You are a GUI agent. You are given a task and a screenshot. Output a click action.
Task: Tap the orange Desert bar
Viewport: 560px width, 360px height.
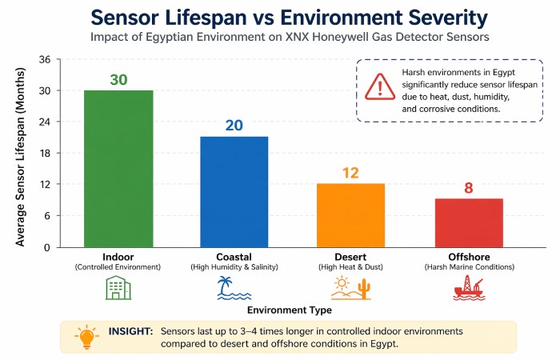pos(350,215)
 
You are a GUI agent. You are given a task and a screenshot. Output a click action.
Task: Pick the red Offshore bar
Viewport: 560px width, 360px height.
pos(468,222)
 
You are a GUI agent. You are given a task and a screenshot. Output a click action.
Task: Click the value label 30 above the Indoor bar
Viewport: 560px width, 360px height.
pos(118,78)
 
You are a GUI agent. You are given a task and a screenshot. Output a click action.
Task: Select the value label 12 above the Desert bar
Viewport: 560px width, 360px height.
pos(350,172)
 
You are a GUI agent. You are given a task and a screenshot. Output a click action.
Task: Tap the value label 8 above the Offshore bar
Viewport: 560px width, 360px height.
pos(468,188)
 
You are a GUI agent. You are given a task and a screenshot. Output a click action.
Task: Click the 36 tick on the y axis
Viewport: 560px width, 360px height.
pos(45,60)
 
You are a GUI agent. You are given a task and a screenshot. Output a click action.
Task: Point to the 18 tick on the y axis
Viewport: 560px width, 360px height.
pos(45,154)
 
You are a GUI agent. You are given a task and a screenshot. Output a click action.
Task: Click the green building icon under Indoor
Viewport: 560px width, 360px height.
pos(118,287)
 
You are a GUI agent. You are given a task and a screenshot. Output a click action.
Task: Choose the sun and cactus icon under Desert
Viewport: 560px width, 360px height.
pos(350,287)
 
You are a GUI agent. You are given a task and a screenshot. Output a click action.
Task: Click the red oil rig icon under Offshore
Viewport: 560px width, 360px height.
pos(468,287)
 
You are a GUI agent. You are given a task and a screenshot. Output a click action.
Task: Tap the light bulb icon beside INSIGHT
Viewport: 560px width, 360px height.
pos(85,336)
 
